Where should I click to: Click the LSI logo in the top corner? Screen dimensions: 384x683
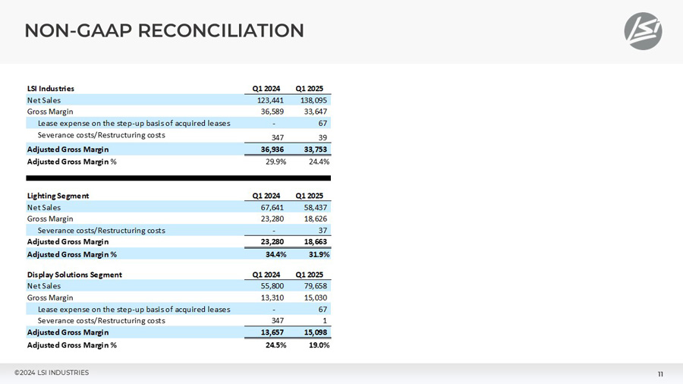[x=643, y=31]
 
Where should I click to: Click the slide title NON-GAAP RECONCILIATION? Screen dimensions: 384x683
[x=164, y=30]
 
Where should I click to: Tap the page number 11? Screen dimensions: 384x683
[x=660, y=374]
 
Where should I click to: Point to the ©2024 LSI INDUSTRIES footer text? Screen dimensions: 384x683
[x=52, y=373]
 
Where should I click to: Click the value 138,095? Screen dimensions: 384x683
[x=313, y=100]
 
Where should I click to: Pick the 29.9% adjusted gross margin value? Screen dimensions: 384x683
[x=274, y=162]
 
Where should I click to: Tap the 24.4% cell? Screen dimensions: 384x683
[x=317, y=162]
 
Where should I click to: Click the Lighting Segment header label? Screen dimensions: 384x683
[x=58, y=196]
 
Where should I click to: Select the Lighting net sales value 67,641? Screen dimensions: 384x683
[x=272, y=207]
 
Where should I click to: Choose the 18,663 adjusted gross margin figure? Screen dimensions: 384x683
[x=315, y=242]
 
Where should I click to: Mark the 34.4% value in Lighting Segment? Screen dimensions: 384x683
[x=274, y=254]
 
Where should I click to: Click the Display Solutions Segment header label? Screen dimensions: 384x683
[x=74, y=275]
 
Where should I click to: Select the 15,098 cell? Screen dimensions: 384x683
[x=315, y=332]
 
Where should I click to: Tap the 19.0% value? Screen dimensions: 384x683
[x=317, y=345]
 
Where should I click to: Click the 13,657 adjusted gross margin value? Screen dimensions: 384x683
[x=272, y=332]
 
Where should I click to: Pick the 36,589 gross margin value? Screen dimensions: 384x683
[x=272, y=112]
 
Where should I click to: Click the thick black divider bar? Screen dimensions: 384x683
[x=178, y=178]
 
